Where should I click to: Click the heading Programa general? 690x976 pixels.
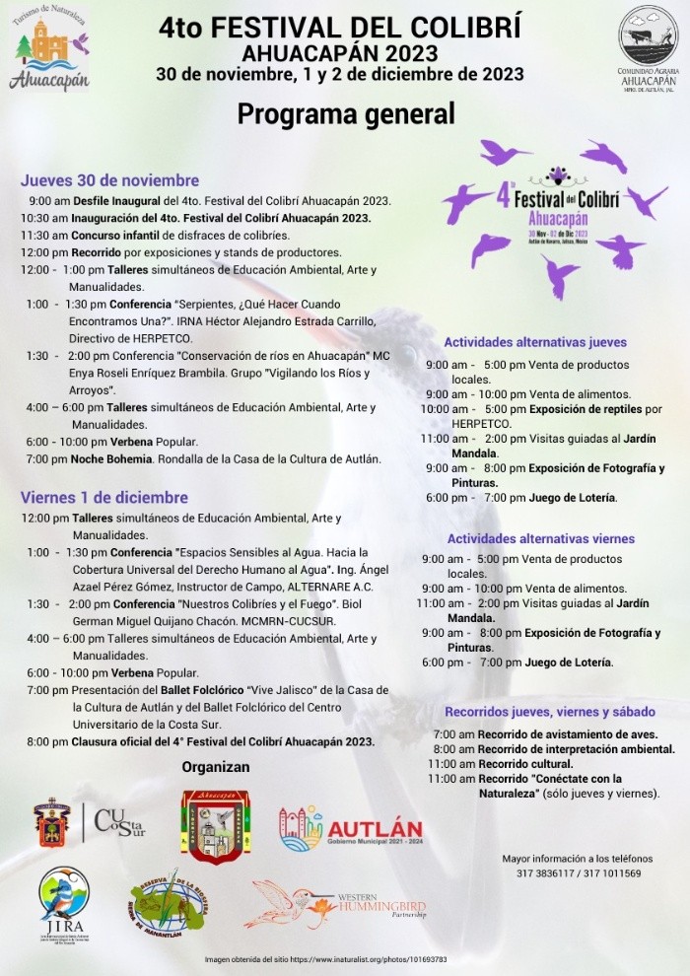pyautogui.click(x=345, y=114)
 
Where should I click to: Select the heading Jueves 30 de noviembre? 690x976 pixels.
pyautogui.click(x=109, y=180)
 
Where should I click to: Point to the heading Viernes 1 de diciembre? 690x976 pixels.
pyautogui.click(x=103, y=498)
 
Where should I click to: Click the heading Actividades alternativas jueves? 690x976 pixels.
pyautogui.click(x=535, y=343)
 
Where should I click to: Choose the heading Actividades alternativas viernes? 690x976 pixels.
pyautogui.click(x=541, y=539)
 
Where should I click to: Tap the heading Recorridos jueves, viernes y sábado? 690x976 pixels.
pyautogui.click(x=550, y=712)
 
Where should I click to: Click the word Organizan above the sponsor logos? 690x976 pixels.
pyautogui.click(x=216, y=767)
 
